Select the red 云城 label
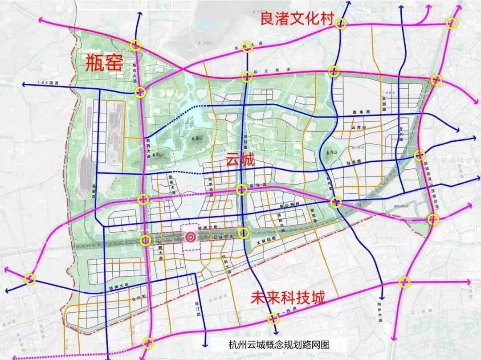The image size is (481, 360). pyautogui.click(x=240, y=159)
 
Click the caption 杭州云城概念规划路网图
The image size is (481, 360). pyautogui.click(x=275, y=344)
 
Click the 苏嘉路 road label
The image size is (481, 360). pyautogui.click(x=352, y=163)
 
